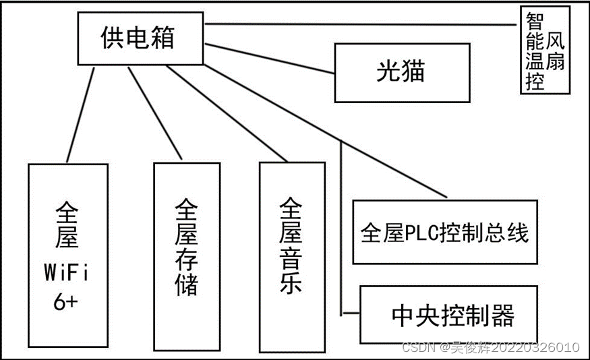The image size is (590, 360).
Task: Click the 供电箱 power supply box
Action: pos(139,37)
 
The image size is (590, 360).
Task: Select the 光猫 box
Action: pos(402,71)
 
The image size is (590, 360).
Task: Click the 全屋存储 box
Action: pos(187,256)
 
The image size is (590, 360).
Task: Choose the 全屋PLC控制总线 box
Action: pos(444,233)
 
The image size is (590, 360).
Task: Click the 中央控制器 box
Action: pos(448,315)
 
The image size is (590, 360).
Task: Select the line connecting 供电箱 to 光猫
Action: pos(270,59)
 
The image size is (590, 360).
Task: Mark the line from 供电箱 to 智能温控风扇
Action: pos(357,24)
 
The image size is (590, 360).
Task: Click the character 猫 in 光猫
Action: pos(413,71)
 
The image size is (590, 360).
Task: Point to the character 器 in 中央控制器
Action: pos(503,315)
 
